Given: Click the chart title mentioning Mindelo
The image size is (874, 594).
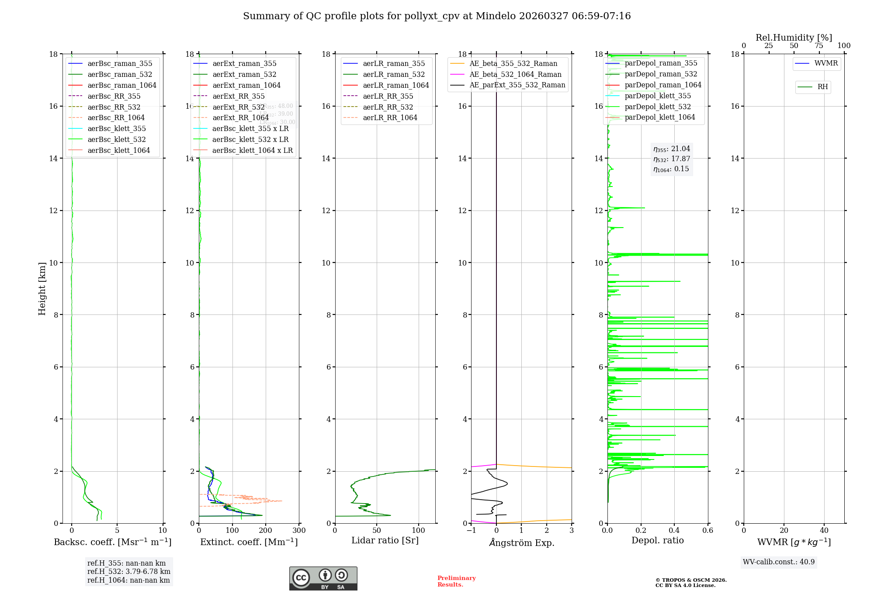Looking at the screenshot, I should pos(437,16).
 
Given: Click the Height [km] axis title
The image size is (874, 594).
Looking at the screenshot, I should pos(42,288).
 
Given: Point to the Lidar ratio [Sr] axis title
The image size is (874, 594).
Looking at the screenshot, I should pos(385,540).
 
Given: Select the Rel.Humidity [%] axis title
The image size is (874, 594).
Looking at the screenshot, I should pos(794,38).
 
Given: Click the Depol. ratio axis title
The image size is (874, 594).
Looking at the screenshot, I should pos(657,540).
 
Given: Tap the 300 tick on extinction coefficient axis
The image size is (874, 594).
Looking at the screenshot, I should pos(299,531).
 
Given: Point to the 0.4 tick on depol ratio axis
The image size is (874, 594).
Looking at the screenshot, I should pos(674,531).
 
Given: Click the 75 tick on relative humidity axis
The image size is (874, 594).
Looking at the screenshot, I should pos(819,46).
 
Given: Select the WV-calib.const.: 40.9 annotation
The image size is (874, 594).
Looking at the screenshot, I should pos(779,562).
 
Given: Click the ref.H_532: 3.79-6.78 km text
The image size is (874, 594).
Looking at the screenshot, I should pos(129,572).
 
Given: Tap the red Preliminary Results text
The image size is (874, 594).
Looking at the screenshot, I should pos(456,581).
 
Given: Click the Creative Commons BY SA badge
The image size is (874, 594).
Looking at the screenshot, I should pos(323,578).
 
